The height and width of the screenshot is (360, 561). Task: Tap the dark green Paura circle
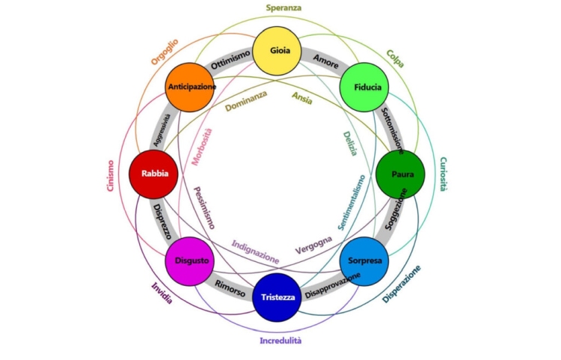[x=399, y=174]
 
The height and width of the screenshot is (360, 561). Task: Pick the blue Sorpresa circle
[x=365, y=261]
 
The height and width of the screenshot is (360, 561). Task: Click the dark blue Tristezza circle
[x=278, y=296]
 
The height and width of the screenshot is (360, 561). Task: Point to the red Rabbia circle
[x=154, y=174]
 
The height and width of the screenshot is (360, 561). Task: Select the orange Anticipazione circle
[x=192, y=87]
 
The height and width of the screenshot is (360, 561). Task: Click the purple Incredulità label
[x=280, y=341]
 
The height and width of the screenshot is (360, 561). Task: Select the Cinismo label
[x=111, y=176]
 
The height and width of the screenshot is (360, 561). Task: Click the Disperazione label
[x=402, y=284]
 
